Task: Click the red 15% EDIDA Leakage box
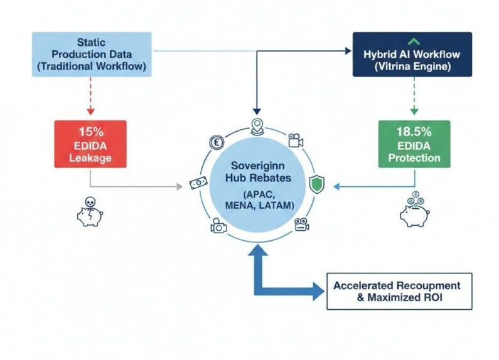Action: [90, 144]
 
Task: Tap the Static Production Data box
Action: [91, 54]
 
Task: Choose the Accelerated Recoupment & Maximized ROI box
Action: [399, 291]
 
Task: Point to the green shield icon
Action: [318, 184]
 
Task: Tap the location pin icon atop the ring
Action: [256, 125]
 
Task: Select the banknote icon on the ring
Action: [198, 184]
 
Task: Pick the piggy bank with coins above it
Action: [414, 209]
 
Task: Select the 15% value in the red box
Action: [90, 132]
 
